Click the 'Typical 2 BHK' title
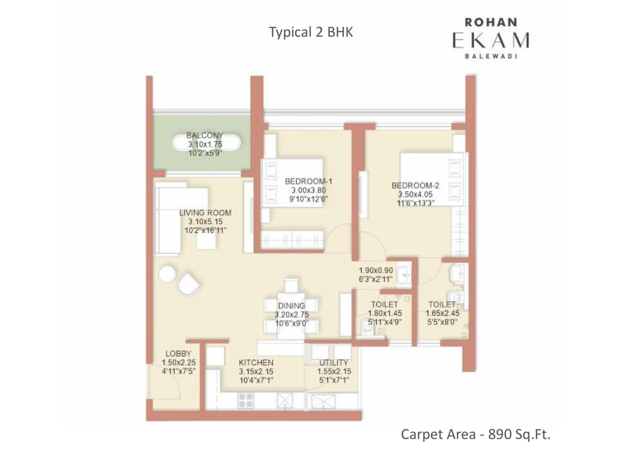311,33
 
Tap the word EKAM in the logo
491,40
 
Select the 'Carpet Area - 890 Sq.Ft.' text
476,434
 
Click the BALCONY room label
205,136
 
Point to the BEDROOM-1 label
309,181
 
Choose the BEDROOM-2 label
415,185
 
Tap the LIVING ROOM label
205,213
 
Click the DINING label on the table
291,306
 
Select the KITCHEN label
256,363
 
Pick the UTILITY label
334,363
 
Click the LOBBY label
178,354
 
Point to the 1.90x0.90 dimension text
376,271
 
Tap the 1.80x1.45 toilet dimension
385,313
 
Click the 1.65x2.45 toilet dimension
442,313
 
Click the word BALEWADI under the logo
491,56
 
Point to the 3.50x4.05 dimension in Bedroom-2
415,194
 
